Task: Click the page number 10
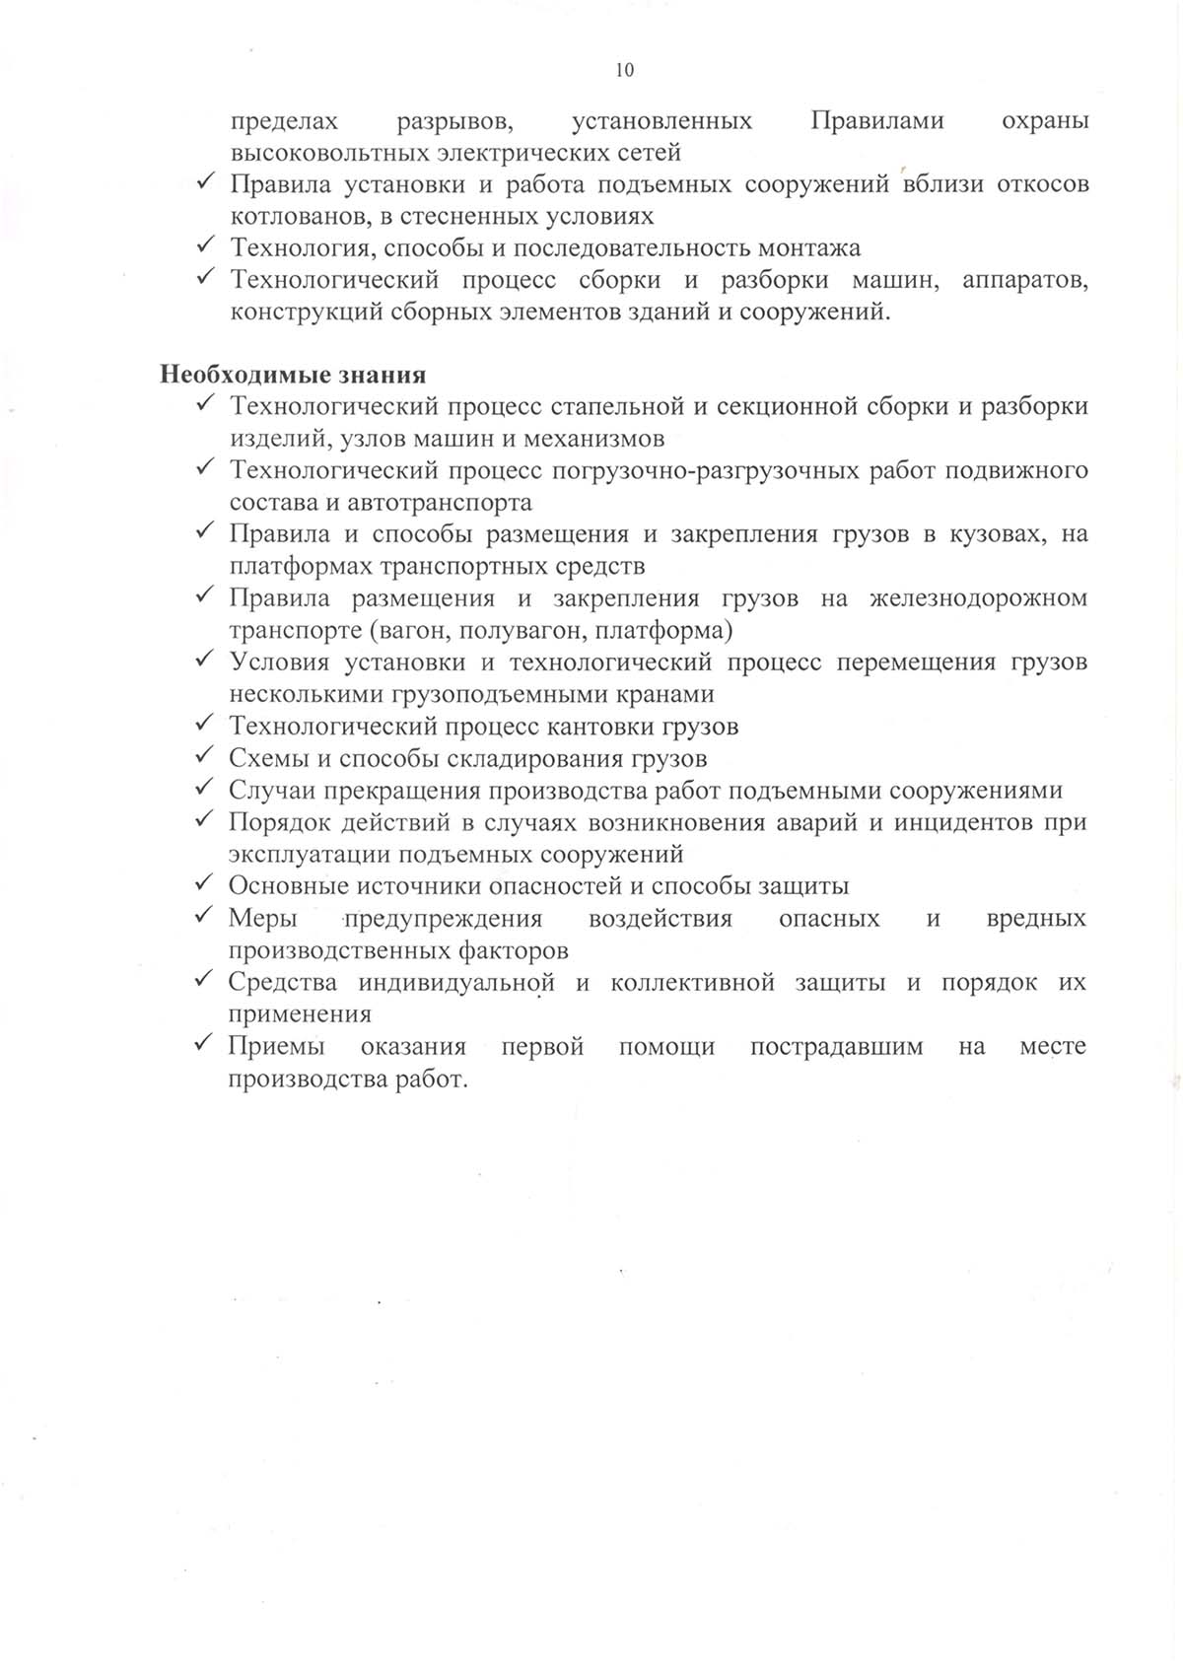624,70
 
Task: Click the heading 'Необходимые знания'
293,375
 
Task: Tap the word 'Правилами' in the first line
877,121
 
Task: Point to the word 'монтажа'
813,247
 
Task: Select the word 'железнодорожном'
979,598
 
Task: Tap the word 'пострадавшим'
836,1046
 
